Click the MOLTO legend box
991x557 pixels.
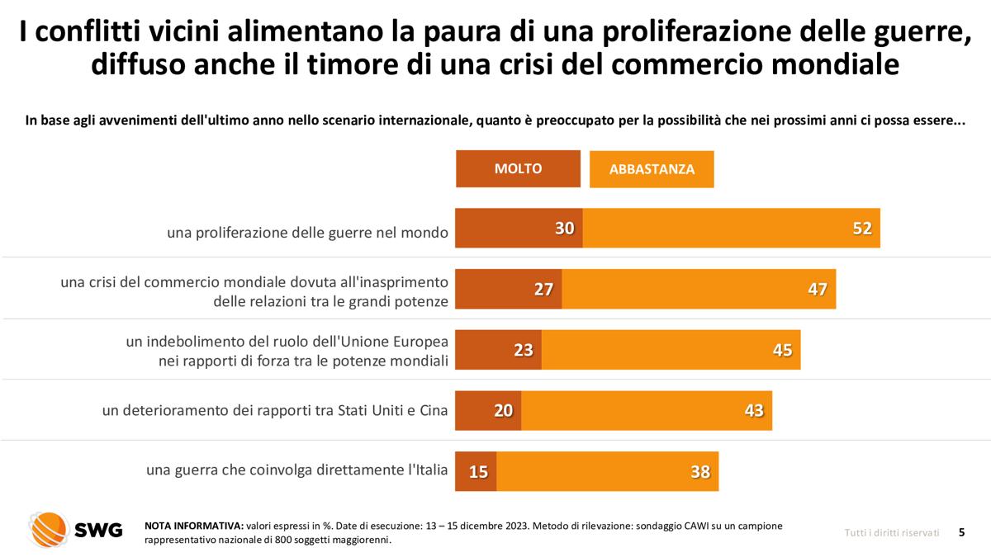coord(518,169)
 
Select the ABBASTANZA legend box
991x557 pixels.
coord(652,169)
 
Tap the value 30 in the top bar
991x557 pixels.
coord(565,229)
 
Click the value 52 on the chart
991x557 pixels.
coord(862,229)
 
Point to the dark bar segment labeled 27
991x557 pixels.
coord(509,290)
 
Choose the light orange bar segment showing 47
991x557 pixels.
coord(699,290)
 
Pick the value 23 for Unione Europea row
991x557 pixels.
coord(524,350)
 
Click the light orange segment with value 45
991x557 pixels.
coord(671,350)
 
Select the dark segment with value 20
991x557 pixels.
coord(488,410)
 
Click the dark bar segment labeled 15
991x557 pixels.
coord(477,471)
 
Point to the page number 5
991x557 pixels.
coord(961,532)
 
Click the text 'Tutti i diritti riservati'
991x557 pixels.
coord(891,532)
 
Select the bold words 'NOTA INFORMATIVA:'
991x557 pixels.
coord(193,525)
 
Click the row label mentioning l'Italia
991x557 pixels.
coord(297,470)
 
